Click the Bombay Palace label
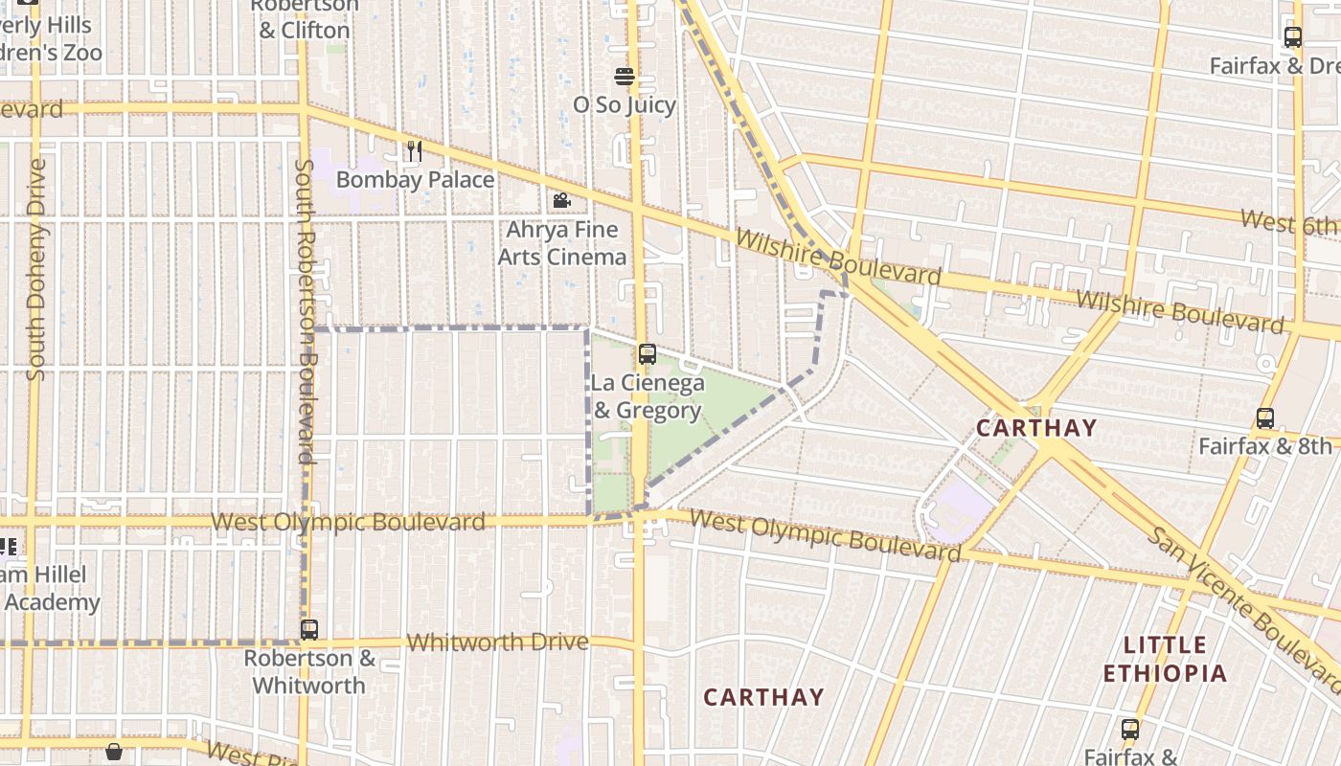[x=415, y=180]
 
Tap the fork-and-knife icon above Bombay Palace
[x=414, y=150]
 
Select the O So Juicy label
[x=625, y=105]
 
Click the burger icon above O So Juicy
[x=625, y=77]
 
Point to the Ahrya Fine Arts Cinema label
[x=561, y=243]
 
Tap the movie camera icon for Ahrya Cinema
[x=561, y=201]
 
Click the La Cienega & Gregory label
[x=648, y=396]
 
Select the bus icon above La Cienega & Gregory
[x=648, y=354]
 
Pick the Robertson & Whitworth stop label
[x=308, y=672]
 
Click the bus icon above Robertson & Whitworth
[x=308, y=630]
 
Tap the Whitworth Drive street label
[x=497, y=642]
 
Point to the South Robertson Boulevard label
[x=305, y=311]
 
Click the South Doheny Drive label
[x=36, y=270]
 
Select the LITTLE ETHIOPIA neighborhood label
[x=1165, y=659]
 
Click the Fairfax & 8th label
[x=1264, y=446]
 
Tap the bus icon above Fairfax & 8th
[x=1264, y=418]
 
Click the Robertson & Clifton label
[x=305, y=19]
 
